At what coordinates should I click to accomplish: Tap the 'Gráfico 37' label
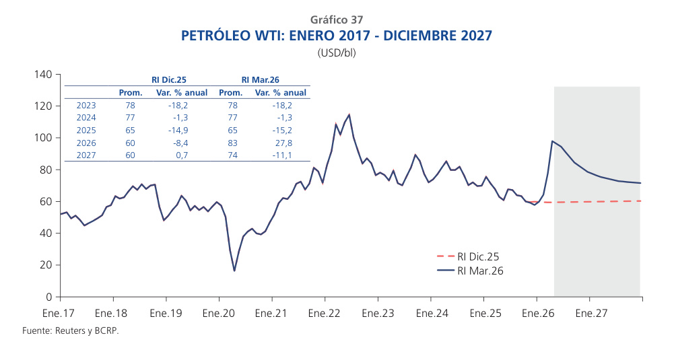pos(337,20)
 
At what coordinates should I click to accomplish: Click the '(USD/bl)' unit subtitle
pos(337,53)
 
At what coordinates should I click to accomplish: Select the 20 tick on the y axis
pos(46,265)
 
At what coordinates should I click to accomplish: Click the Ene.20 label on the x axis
pos(218,313)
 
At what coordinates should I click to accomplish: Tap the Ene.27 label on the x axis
pos(589,313)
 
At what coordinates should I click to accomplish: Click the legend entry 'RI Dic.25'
pos(478,256)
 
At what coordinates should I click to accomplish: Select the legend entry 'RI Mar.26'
pos(480,271)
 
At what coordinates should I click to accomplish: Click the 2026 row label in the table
pos(87,143)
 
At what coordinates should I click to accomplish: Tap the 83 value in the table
pos(232,143)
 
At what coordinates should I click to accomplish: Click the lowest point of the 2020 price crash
pos(234,271)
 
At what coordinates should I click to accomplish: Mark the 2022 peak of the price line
pos(349,114)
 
